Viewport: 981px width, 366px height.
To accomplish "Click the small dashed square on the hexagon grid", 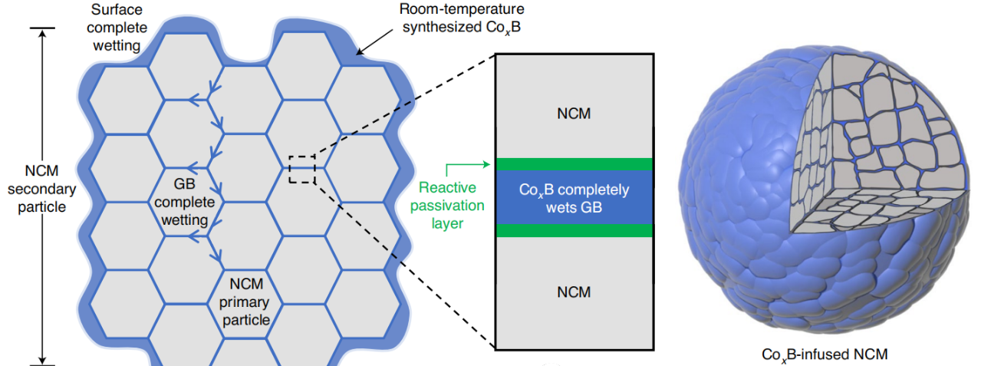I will point(302,169).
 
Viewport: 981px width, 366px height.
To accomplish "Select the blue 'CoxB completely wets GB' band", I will point(574,197).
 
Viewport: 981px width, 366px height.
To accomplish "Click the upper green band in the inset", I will point(574,163).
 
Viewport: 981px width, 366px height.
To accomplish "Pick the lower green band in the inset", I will point(574,230).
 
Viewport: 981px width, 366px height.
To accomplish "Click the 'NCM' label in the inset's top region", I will point(574,114).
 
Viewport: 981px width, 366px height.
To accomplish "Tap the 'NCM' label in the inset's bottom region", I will point(574,292).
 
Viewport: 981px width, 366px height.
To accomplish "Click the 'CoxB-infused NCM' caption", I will point(825,354).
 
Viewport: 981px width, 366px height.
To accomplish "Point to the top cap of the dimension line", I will point(43,29).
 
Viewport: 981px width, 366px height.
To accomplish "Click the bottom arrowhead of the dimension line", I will point(43,358).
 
